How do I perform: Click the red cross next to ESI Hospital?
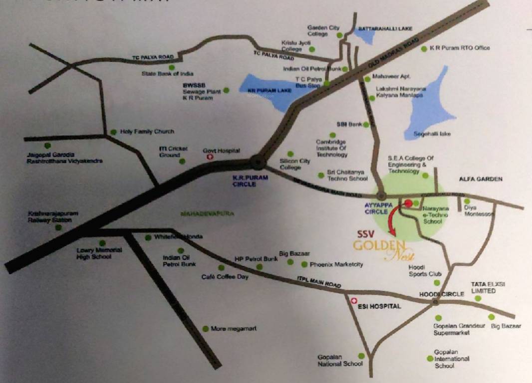pyautogui.click(x=354, y=301)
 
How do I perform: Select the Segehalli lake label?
pyautogui.click(x=432, y=134)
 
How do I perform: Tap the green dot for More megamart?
pyautogui.click(x=206, y=329)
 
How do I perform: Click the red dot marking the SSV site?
pyautogui.click(x=408, y=203)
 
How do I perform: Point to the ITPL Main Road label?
pyautogui.click(x=319, y=282)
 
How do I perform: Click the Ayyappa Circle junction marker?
pyautogui.click(x=382, y=195)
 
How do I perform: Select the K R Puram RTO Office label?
pyautogui.click(x=460, y=48)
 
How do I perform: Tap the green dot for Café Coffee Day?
pyautogui.click(x=221, y=268)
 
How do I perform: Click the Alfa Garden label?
pyautogui.click(x=481, y=179)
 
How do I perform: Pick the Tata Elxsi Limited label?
pyautogui.click(x=484, y=287)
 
